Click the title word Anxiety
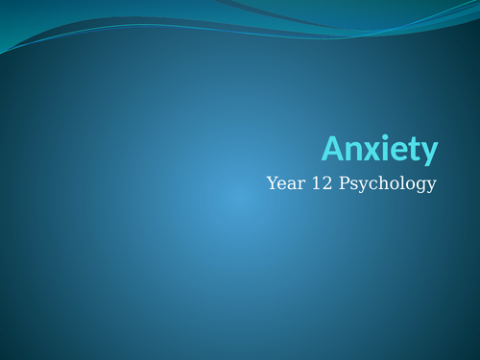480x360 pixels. tap(379, 150)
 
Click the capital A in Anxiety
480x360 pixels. tap(331, 149)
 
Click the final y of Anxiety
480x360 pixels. tap(428, 153)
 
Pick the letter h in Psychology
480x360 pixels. tap(379, 182)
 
